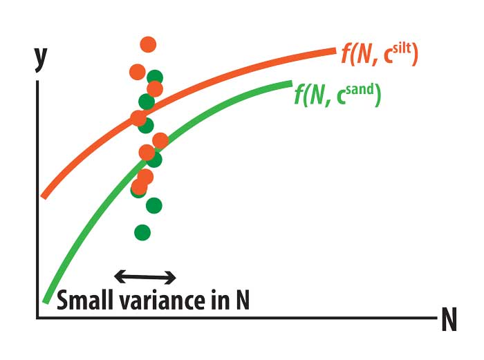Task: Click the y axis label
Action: coord(41,60)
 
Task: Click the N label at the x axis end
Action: coord(449,320)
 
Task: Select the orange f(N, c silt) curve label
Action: coord(380,54)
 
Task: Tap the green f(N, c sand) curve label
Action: coord(337,95)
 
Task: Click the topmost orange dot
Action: coord(148,44)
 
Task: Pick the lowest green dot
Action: coord(142,232)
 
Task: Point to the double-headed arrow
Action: coord(145,276)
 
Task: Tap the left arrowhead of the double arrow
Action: coord(120,276)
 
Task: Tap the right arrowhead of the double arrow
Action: coord(171,277)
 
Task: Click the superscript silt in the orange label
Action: coord(402,49)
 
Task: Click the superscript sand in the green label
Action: coord(360,90)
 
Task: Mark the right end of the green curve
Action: coord(291,84)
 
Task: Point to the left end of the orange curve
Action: coord(44,197)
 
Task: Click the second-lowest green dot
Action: coord(153,205)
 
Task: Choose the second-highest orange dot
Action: coord(138,72)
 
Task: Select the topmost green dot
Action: coord(155,77)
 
